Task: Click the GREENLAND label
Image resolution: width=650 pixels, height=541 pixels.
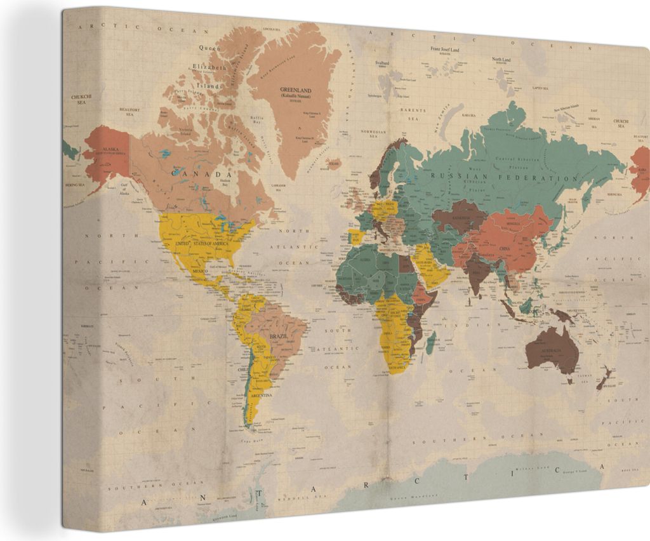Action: click(x=296, y=90)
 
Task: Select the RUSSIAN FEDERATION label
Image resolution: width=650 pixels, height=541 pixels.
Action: click(x=504, y=177)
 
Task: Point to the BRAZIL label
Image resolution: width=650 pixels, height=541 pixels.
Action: click(x=278, y=335)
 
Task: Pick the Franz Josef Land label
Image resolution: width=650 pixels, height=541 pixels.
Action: click(x=444, y=49)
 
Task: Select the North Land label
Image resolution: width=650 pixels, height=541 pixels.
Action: click(x=501, y=59)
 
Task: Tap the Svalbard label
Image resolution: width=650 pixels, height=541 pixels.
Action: click(x=382, y=63)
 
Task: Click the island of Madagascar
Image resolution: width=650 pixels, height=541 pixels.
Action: click(x=430, y=344)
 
